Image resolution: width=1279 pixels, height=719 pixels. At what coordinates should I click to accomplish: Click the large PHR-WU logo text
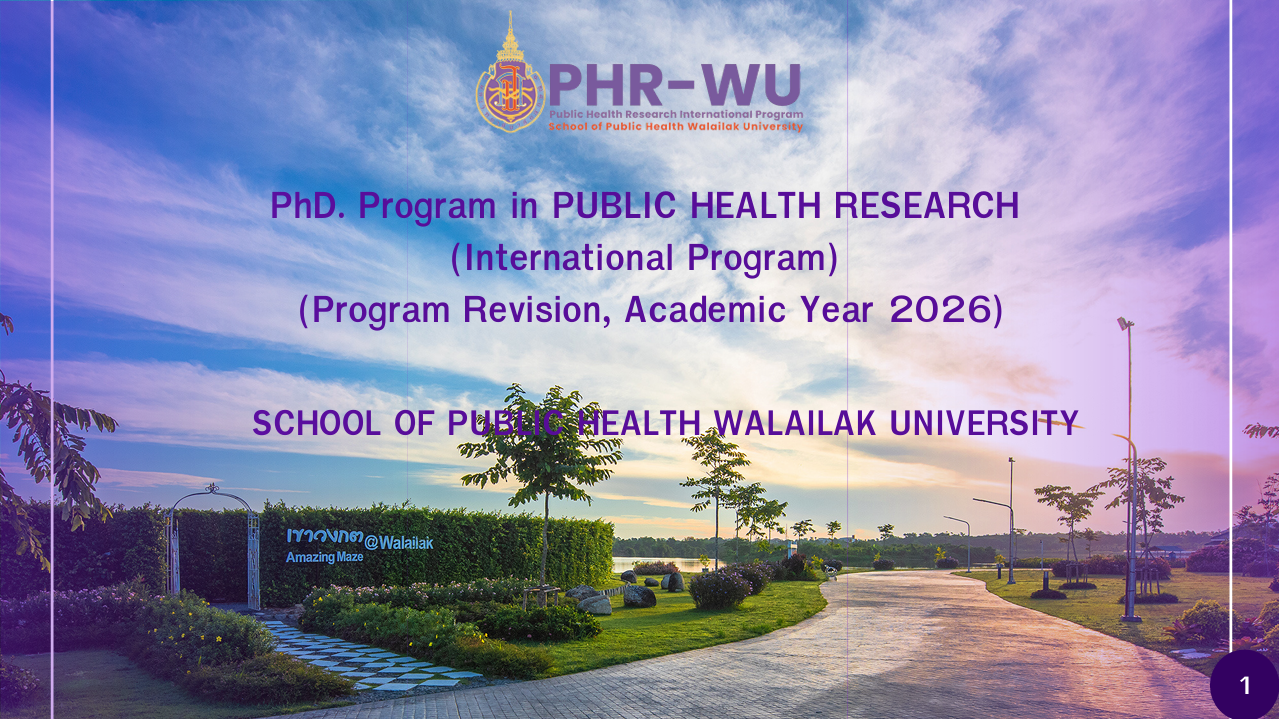click(x=675, y=86)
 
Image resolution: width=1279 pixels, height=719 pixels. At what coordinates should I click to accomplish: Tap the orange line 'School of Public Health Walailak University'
click(x=676, y=126)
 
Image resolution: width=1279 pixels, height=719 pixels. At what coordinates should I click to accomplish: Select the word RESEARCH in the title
click(x=927, y=206)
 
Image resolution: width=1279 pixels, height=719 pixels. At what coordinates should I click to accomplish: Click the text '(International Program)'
click(x=645, y=258)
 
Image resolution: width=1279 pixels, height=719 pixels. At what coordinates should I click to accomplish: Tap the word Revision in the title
click(x=537, y=310)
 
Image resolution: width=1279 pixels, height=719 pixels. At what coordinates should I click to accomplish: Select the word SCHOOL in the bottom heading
click(x=317, y=423)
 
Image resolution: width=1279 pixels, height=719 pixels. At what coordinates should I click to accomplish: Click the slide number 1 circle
click(x=1245, y=685)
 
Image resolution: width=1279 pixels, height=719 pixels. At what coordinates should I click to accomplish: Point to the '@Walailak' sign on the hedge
click(x=399, y=543)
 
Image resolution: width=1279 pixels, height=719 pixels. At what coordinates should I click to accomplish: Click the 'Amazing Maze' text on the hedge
click(x=324, y=557)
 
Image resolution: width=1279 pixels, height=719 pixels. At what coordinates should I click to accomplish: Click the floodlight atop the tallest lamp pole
click(x=1125, y=323)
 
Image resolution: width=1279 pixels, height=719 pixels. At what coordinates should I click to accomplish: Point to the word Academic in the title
click(x=705, y=310)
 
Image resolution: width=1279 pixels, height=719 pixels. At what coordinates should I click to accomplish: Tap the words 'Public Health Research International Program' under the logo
click(x=676, y=114)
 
